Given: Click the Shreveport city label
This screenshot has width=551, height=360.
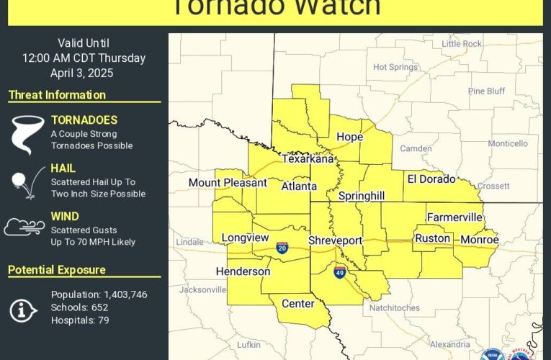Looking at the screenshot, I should pos(335,240).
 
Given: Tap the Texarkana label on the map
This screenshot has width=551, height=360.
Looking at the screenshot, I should pos(308,159).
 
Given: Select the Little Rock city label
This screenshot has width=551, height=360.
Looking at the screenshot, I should pos(462,44).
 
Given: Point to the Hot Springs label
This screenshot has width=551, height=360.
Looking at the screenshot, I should pos(395,67).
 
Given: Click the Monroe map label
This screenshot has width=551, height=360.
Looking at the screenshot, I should pos(479,239).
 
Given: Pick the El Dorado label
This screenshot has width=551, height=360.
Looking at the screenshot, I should pos(431,179).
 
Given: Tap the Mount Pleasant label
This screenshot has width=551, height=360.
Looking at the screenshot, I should pos(228,183).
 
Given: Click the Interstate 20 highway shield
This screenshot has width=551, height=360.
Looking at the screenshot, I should pos(282,248).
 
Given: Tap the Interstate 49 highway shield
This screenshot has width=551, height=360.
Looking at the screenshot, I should pos(340,271).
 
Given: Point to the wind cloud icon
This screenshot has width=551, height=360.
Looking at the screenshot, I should pos(24,228).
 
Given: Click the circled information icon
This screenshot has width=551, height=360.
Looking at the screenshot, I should pos(23,309).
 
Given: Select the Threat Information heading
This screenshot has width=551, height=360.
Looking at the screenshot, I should pos(57,95).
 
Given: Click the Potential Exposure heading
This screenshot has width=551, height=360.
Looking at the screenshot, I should pos(57,270).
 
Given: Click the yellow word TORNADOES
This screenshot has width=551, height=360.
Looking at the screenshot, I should pos(84,120).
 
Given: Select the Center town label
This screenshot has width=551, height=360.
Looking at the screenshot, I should pos(297,303).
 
